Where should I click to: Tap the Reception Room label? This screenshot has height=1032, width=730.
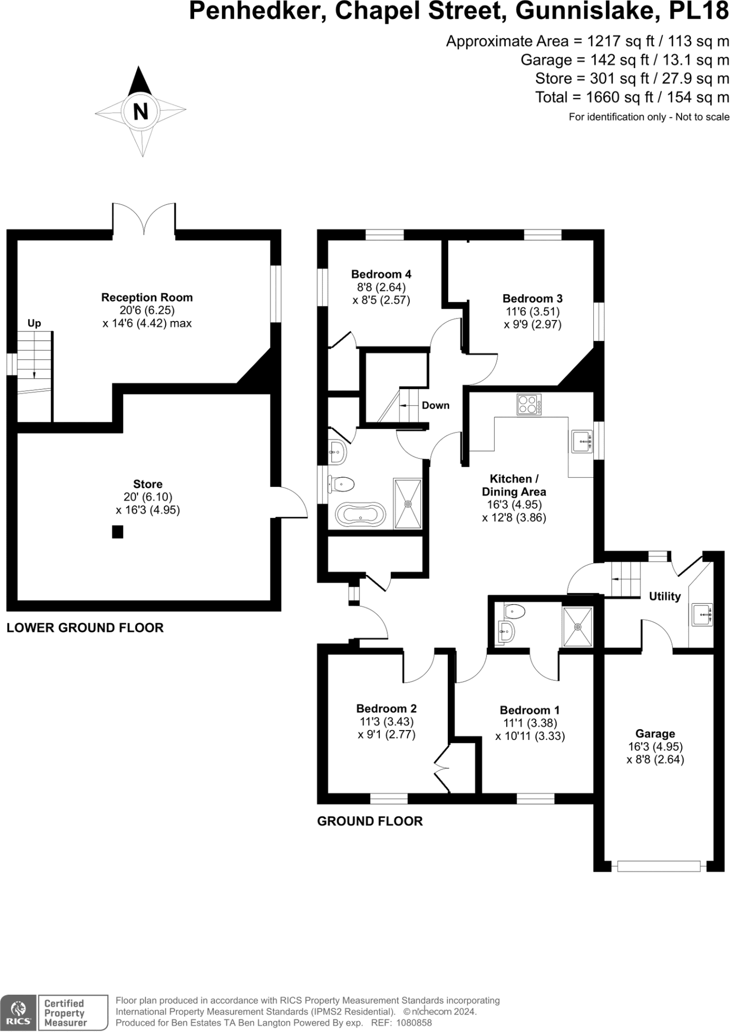[x=147, y=297]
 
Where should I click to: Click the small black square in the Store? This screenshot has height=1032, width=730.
[x=117, y=532]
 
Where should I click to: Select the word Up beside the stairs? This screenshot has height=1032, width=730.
[x=34, y=323]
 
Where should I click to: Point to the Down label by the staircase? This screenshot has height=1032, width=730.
[x=435, y=405]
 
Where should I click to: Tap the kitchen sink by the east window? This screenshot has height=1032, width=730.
[x=581, y=441]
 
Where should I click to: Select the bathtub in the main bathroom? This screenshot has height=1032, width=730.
[x=360, y=514]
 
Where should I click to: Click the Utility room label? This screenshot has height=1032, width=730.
[x=664, y=596]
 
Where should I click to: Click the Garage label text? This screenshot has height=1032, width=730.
[x=655, y=734]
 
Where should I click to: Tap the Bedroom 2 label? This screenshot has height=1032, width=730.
[x=386, y=708]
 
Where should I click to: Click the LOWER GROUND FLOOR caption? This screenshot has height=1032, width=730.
[x=85, y=628]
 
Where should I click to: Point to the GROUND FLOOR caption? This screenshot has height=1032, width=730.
[x=370, y=821]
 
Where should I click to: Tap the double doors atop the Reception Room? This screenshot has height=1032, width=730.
[x=144, y=218]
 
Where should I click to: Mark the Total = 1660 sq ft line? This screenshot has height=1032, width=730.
[x=632, y=97]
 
